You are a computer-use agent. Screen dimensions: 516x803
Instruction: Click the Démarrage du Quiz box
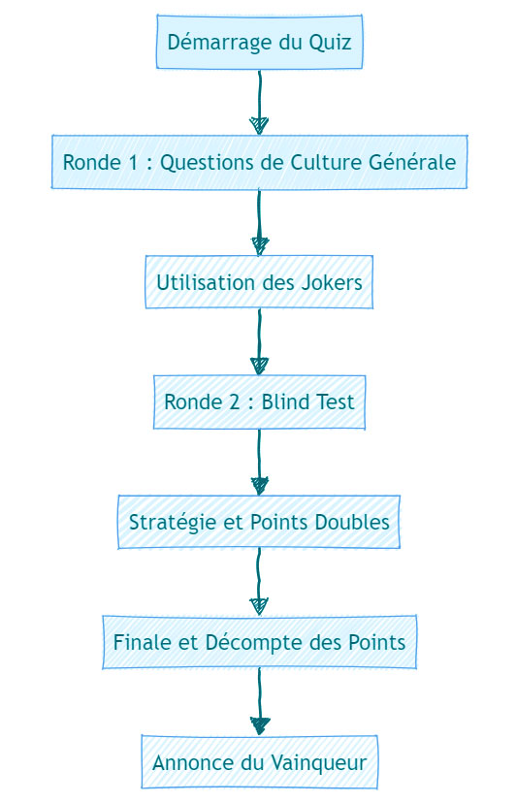259,42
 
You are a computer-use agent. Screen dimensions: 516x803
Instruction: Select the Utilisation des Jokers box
259,282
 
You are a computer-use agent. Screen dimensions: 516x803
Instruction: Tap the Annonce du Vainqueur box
259,762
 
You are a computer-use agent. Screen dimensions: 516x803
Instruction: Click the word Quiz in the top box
330,43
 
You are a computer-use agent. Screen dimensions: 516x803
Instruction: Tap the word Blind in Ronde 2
284,402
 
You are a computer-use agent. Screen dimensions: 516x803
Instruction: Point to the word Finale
143,642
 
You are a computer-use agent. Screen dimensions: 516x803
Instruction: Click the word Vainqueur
318,763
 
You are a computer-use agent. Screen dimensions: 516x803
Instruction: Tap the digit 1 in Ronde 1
133,162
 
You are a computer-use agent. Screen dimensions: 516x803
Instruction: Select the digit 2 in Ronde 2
234,402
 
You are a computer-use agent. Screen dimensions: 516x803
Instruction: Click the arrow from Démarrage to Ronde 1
259,102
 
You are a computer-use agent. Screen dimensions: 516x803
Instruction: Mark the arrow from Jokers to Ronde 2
259,341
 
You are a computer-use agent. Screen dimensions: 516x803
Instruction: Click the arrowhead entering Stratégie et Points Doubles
259,486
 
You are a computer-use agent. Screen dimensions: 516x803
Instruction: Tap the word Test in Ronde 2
334,402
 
